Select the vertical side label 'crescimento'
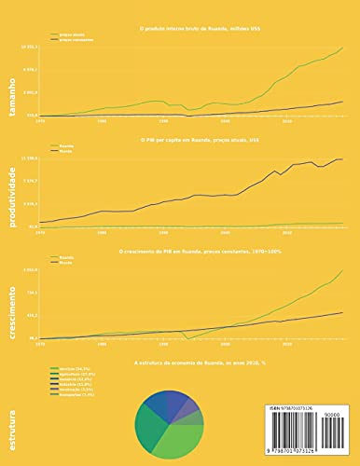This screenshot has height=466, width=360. point(14,296)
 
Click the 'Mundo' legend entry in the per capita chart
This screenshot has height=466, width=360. point(65,150)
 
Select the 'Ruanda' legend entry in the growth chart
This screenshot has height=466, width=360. point(66,256)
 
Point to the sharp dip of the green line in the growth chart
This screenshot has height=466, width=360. point(187,338)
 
